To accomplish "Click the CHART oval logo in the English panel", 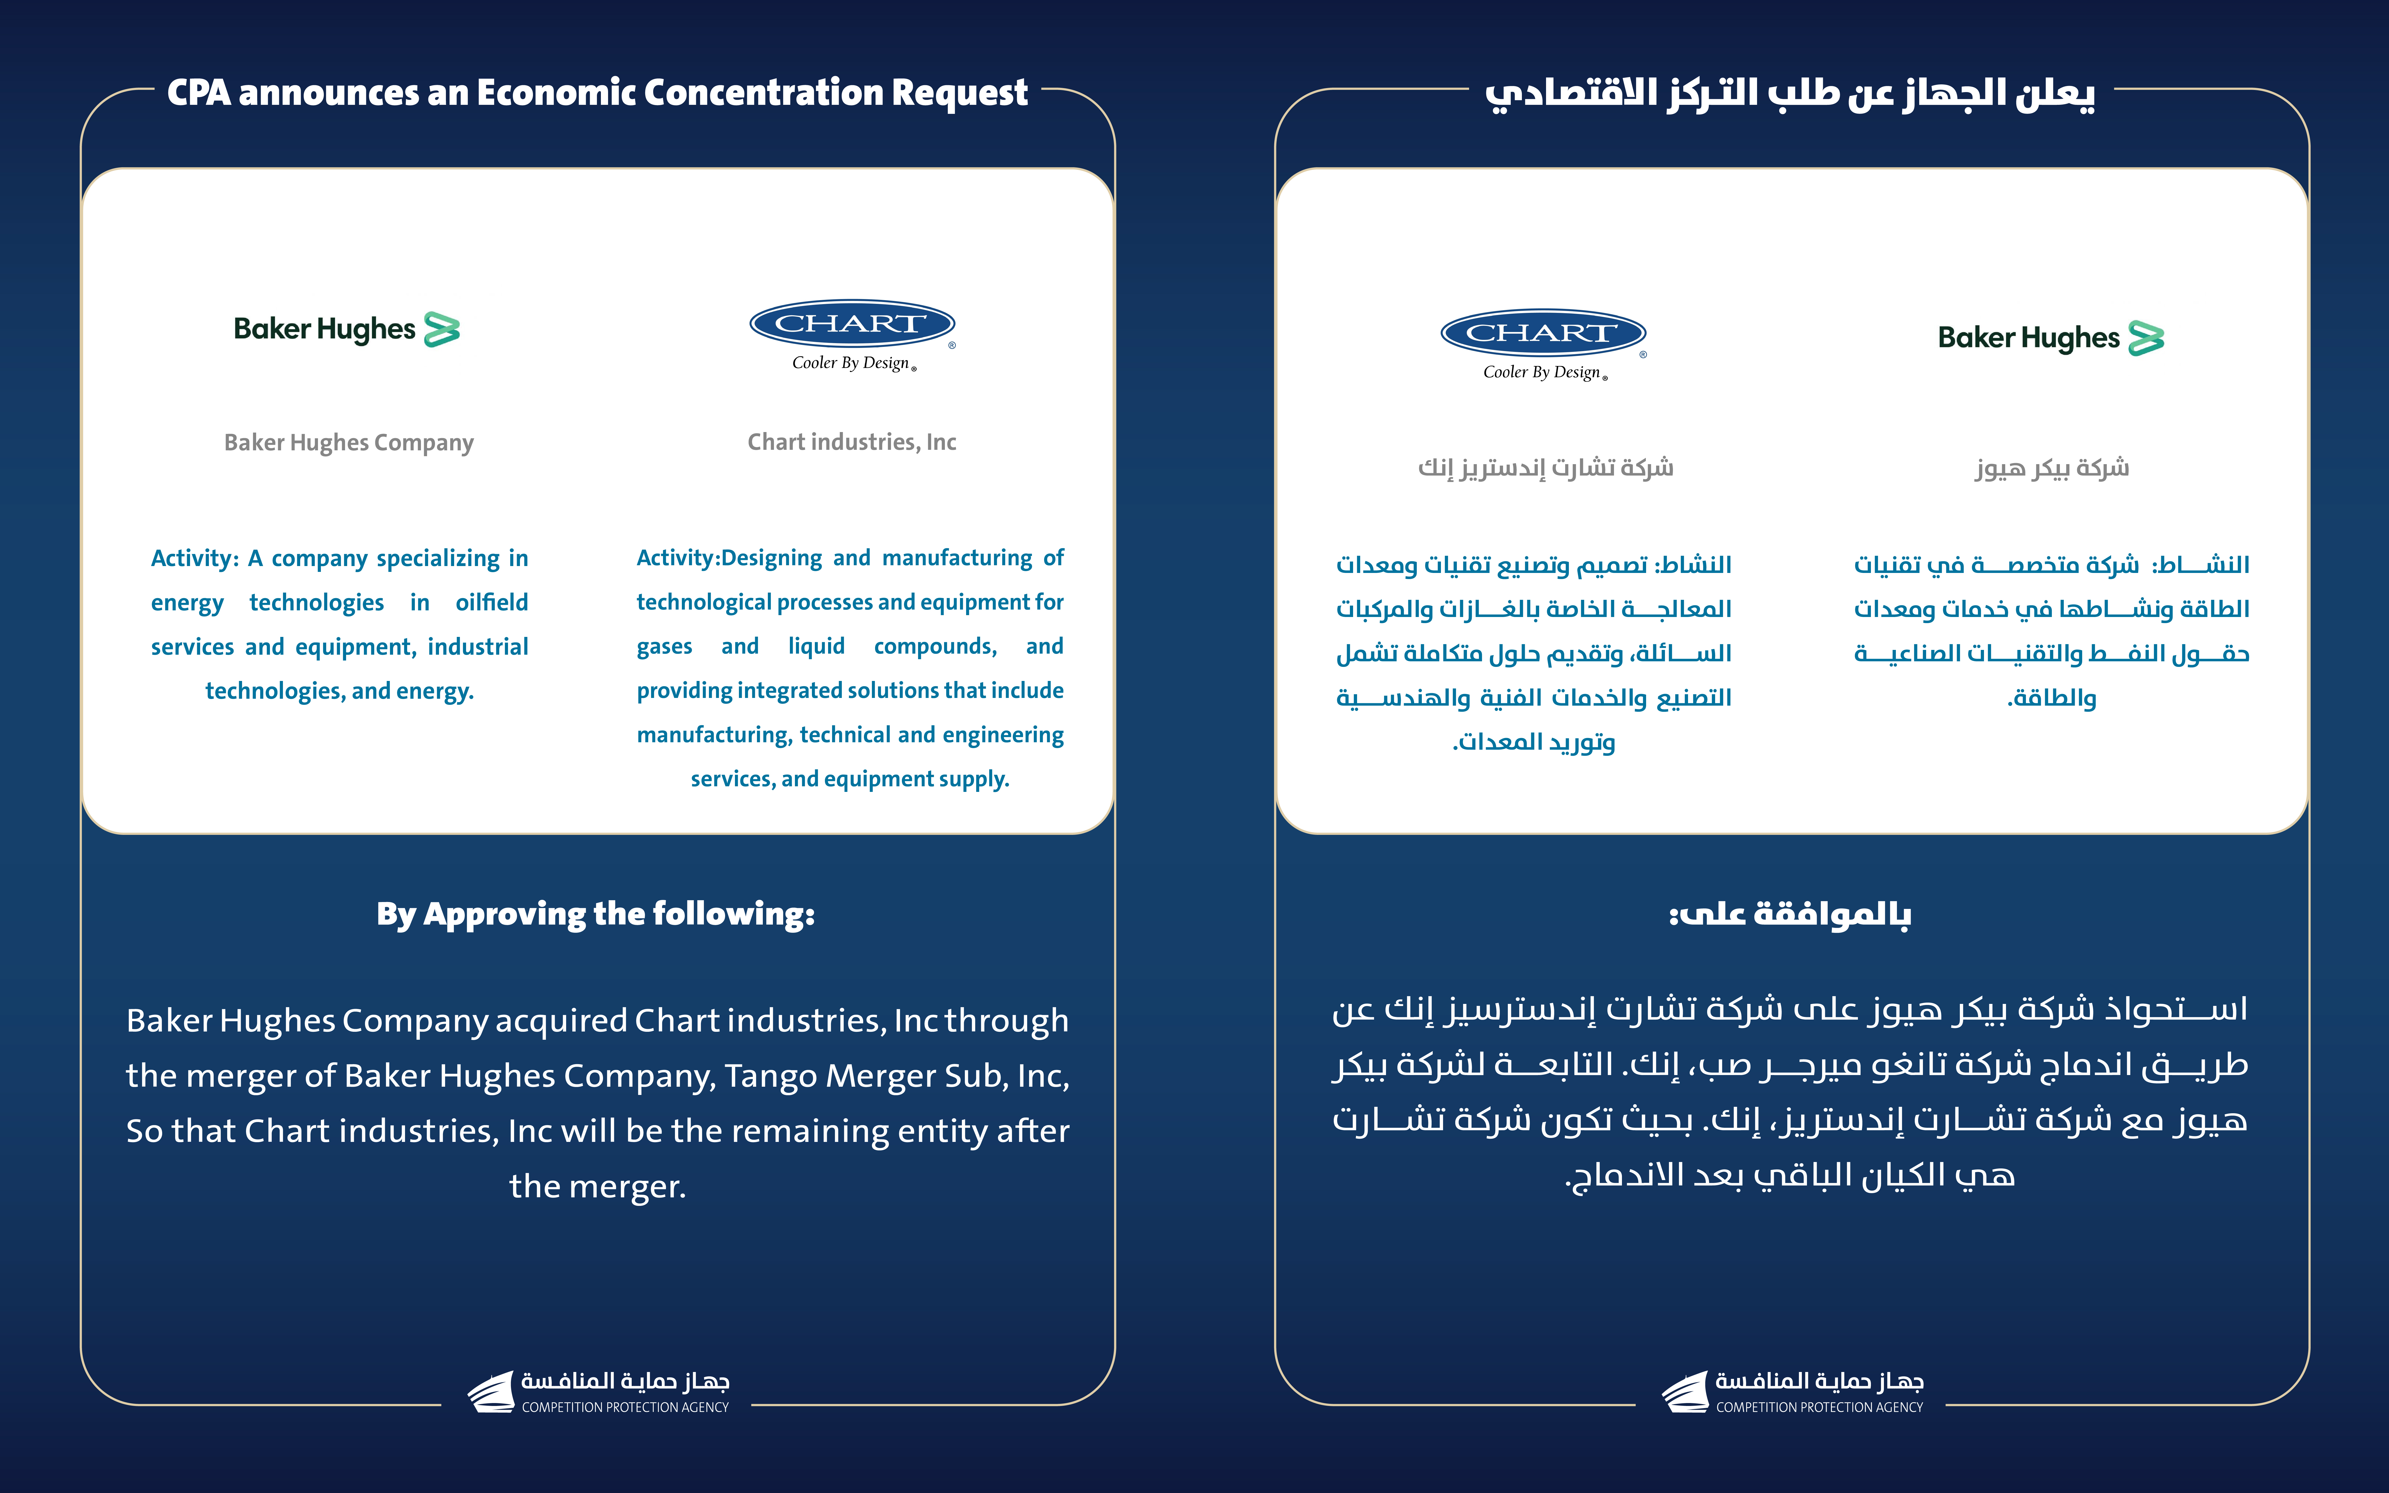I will (851, 324).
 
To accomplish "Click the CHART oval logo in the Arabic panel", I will (1543, 333).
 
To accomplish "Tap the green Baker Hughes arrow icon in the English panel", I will (441, 329).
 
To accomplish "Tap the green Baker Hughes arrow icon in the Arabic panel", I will (2146, 338).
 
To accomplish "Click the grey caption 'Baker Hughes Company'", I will (348, 442).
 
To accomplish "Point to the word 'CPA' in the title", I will (199, 93).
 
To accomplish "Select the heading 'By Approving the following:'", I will (596, 913).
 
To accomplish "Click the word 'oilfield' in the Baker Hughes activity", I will (492, 602).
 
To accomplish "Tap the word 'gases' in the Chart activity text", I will (664, 647).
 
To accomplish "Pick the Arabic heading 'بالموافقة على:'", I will (1789, 913).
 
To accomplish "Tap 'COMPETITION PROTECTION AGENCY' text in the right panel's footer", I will (1819, 1407).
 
